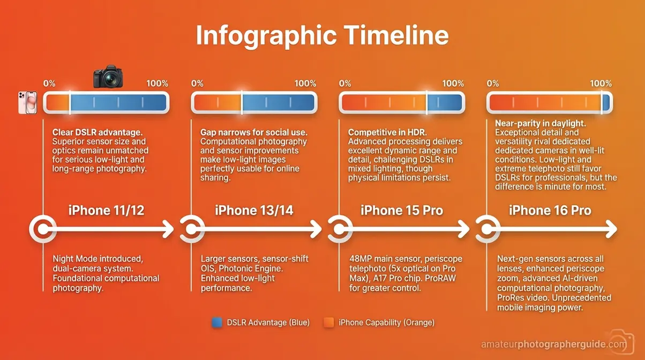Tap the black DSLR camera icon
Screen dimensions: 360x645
click(x=108, y=77)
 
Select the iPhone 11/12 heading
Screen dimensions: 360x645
click(x=107, y=210)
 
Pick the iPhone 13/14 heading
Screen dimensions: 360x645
click(x=254, y=210)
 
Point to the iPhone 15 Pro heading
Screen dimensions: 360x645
click(x=402, y=210)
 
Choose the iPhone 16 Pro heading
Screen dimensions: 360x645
click(x=550, y=210)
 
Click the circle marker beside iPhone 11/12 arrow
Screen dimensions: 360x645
click(x=41, y=230)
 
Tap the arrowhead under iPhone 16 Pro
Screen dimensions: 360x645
click(x=610, y=230)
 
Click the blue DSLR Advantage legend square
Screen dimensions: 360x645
click(x=217, y=322)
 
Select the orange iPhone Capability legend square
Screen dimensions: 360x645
click(x=329, y=322)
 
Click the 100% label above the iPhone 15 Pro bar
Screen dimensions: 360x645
click(x=453, y=84)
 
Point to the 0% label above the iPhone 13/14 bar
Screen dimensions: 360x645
click(x=197, y=84)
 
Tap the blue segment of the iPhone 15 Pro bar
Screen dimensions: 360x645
click(x=444, y=102)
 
